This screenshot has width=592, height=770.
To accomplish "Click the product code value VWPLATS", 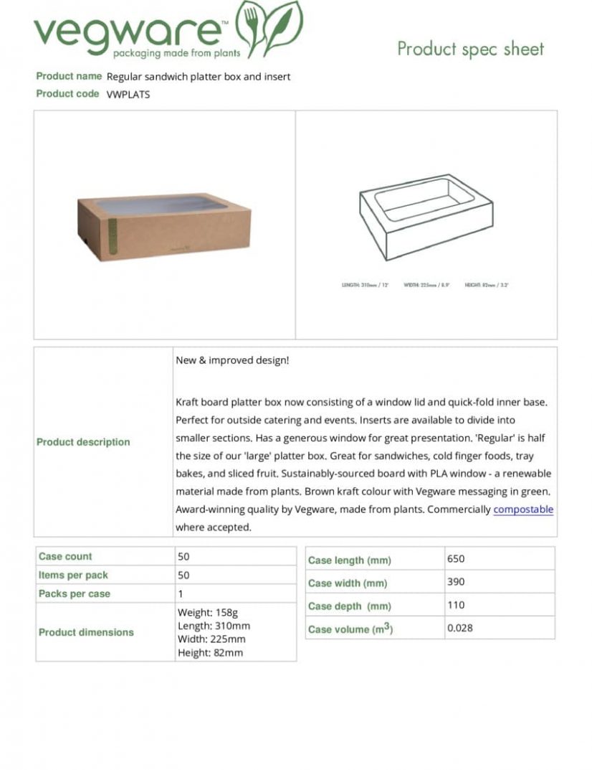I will click(x=128, y=94).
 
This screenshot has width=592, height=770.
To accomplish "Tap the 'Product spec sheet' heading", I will click(x=470, y=49).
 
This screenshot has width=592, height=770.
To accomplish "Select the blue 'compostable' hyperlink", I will click(x=523, y=510).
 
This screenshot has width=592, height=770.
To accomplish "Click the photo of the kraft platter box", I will click(x=164, y=225).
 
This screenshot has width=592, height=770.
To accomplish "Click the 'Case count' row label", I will click(x=65, y=557).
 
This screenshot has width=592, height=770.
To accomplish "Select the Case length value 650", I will click(x=456, y=559).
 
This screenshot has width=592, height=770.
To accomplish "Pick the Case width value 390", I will click(x=456, y=582).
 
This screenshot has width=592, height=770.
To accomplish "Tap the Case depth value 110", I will click(x=456, y=605).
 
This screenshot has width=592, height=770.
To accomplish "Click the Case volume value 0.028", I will click(x=460, y=628).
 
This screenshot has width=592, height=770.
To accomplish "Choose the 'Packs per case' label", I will click(x=75, y=594).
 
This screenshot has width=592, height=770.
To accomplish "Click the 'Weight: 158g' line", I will click(x=208, y=613).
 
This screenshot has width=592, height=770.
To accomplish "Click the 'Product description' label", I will click(x=83, y=442).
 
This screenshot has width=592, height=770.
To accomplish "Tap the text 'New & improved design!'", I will click(x=232, y=360).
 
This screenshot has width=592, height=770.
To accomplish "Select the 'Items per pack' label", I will click(x=74, y=576).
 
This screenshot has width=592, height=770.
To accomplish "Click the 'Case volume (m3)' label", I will click(x=350, y=629).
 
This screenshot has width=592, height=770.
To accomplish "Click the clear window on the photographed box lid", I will click(x=161, y=205).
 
